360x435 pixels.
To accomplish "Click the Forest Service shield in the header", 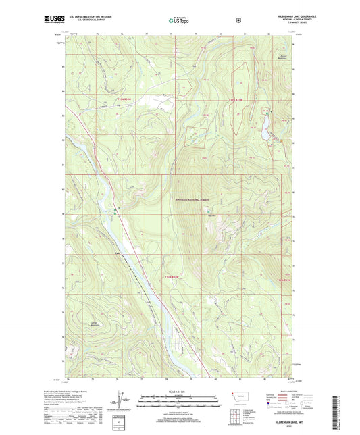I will click(238, 20).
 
